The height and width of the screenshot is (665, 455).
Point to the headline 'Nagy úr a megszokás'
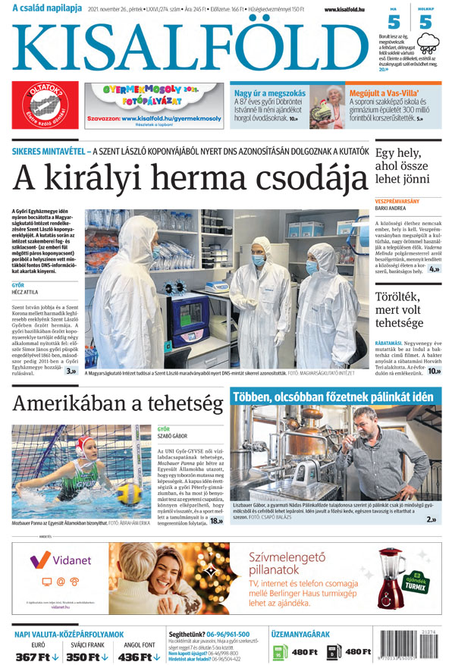[x=271, y=93]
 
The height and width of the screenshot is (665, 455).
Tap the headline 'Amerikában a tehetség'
[x=118, y=403]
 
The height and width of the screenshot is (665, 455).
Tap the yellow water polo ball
[x=128, y=494]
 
